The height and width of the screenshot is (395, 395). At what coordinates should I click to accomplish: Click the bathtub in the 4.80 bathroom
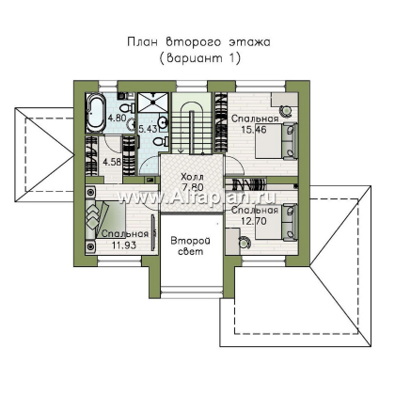pyautogui.click(x=96, y=113)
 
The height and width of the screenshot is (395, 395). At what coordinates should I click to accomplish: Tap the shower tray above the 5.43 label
pyautogui.click(x=153, y=103)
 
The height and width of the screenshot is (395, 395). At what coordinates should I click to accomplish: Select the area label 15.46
pyautogui.click(x=254, y=129)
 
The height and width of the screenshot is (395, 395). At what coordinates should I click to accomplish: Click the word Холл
pyautogui.click(x=192, y=177)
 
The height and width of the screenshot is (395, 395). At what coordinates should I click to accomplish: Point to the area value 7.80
pyautogui.click(x=193, y=187)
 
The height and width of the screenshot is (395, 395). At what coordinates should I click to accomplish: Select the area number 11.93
pyautogui.click(x=124, y=245)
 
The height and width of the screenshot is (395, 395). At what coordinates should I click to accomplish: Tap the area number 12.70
pyautogui.click(x=254, y=221)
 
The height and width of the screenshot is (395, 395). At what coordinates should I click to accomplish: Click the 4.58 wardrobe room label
pyautogui.click(x=112, y=163)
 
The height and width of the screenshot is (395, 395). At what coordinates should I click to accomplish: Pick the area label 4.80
pyautogui.click(x=117, y=118)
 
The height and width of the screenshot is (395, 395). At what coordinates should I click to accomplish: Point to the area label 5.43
pyautogui.click(x=148, y=129)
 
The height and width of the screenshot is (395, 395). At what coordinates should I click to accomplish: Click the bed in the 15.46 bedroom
pyautogui.click(x=276, y=141)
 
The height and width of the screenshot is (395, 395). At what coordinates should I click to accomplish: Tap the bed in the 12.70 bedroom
pyautogui.click(x=276, y=222)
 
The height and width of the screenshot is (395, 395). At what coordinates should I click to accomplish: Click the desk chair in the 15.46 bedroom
pyautogui.click(x=285, y=110)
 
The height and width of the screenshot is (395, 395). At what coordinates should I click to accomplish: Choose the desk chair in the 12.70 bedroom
pyautogui.click(x=244, y=243)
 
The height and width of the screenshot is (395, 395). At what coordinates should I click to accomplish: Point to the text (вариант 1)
pyautogui.click(x=199, y=58)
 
